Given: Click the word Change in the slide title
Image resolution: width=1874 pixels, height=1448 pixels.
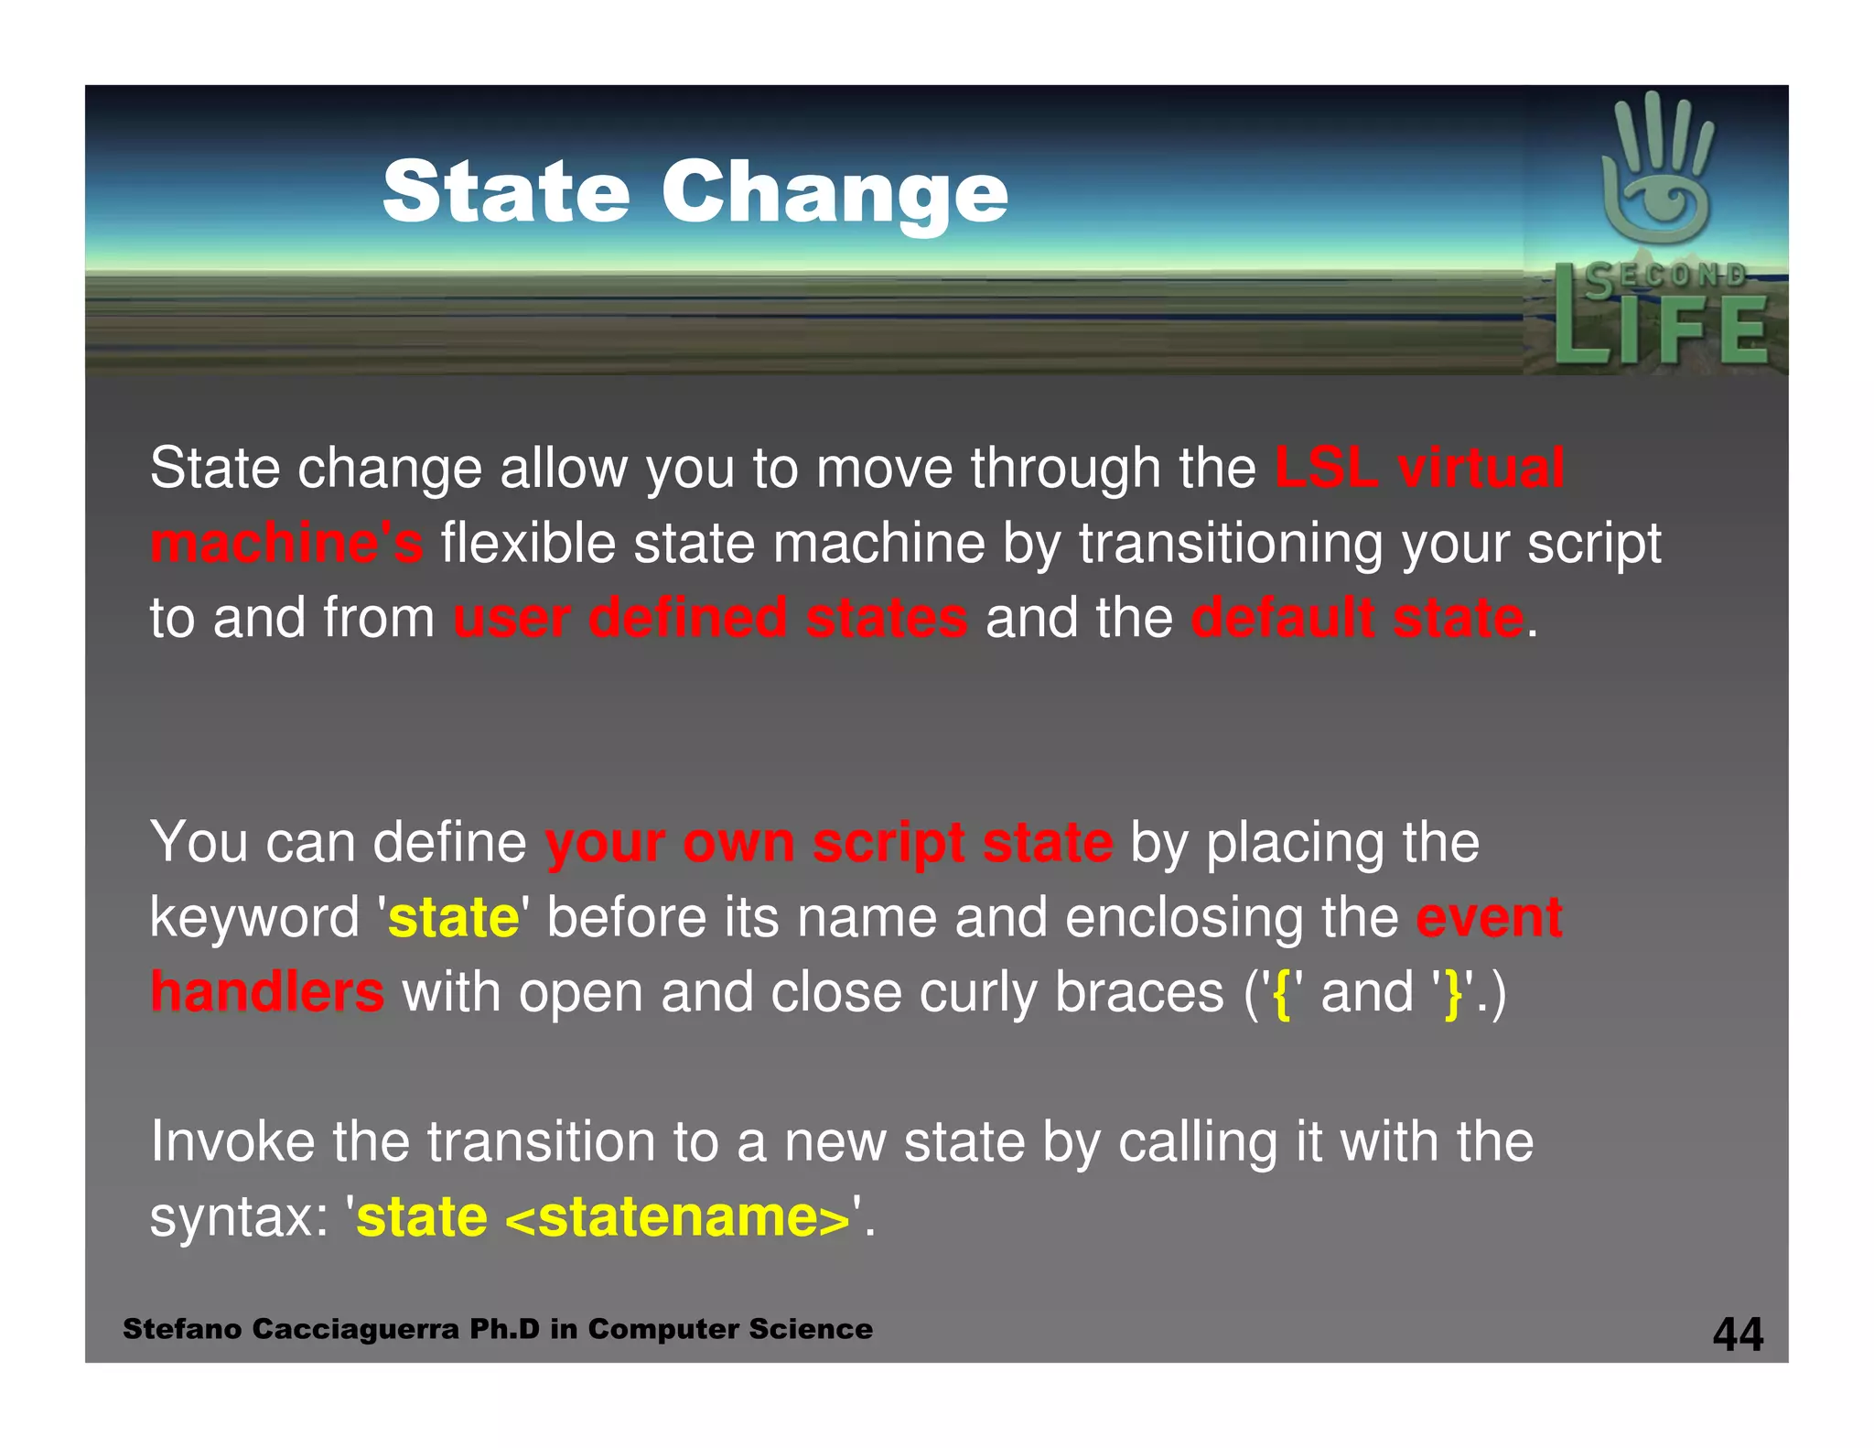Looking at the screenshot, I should [x=834, y=192].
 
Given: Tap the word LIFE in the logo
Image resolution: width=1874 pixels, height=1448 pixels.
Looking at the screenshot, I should [x=1661, y=330].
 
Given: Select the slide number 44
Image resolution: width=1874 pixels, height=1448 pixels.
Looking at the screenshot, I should [x=1738, y=1334].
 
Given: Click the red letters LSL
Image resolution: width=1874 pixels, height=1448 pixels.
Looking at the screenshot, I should [x=1327, y=468].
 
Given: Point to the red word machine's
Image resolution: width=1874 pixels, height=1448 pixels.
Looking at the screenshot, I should [x=286, y=543].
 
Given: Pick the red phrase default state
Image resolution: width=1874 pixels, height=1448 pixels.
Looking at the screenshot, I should [x=1357, y=618].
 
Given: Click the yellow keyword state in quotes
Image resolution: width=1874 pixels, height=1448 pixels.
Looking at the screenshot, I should [x=454, y=917].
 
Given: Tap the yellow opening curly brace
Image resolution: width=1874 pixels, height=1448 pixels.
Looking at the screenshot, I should [x=1282, y=994].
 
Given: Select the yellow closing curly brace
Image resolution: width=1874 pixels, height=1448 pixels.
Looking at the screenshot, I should [x=1452, y=994].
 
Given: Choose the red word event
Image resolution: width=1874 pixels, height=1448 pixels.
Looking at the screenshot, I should [x=1489, y=917].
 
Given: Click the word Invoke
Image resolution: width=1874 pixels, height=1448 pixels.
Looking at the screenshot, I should [x=232, y=1142].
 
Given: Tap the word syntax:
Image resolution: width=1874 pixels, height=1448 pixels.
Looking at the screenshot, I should [x=239, y=1217].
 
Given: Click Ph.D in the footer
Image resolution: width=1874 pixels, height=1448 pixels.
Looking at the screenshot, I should [x=504, y=1329].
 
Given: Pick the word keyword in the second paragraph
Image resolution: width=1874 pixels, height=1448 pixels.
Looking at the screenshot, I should [x=255, y=917].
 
